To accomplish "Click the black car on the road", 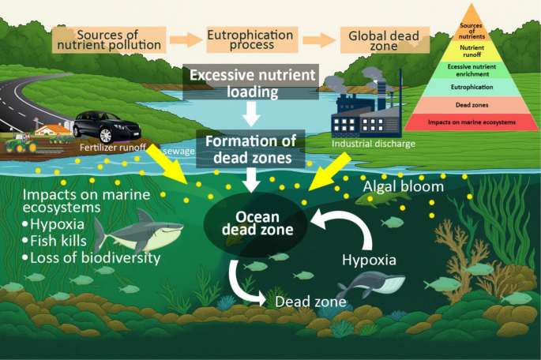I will click(x=107, y=125).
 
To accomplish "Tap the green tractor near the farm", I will click(x=21, y=144).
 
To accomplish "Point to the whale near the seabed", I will click(x=370, y=285).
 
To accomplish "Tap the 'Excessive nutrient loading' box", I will click(x=250, y=83).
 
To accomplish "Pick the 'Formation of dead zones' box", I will click(x=251, y=148).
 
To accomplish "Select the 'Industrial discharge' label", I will click(x=370, y=144).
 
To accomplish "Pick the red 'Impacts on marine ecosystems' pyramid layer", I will click(x=471, y=122).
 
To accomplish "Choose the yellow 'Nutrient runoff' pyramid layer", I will click(x=471, y=49).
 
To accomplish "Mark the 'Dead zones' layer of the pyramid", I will click(x=471, y=104).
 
